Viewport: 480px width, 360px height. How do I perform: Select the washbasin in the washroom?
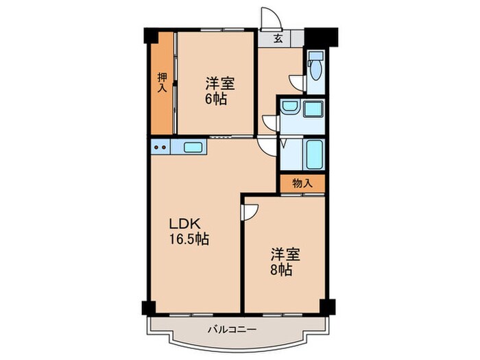pos(289,108)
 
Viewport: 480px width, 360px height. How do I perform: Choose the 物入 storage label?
pos(302,183)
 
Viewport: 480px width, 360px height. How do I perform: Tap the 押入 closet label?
pos(163,82)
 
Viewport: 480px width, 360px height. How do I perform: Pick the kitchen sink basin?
pos(193,146)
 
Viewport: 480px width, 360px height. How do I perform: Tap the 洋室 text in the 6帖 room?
pos(220,84)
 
